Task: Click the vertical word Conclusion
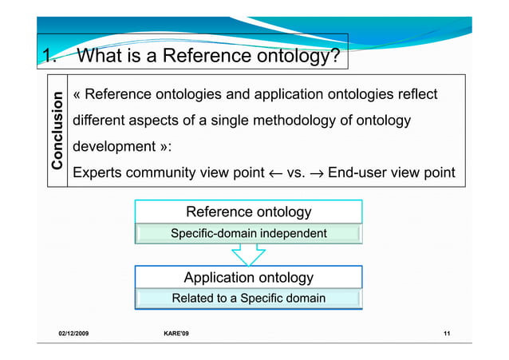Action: point(57,132)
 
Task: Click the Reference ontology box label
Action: point(248,212)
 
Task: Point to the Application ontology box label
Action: point(248,277)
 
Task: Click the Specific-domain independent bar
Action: point(248,234)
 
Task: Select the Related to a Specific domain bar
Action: point(248,299)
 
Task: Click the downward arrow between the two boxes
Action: point(248,254)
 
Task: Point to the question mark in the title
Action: point(336,56)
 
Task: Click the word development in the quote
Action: point(113,147)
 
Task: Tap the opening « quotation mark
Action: point(77,95)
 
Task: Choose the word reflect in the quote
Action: point(415,95)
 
